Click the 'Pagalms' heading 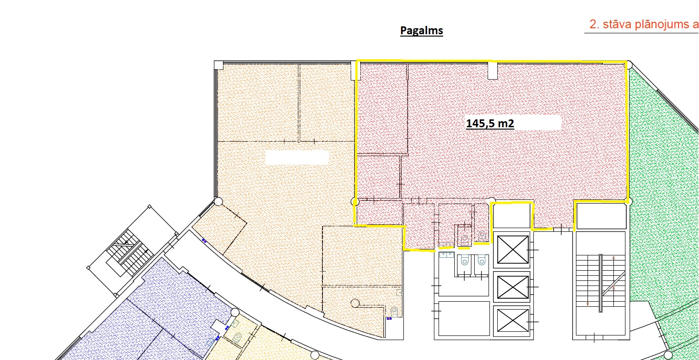click(421, 31)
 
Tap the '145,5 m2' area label click(490, 124)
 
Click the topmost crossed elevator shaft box click(513, 250)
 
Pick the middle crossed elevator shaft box click(513, 287)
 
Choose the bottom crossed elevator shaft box click(513, 320)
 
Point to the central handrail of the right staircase click(601, 283)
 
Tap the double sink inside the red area click(446, 244)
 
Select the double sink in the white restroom click(446, 255)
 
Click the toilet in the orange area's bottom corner click(394, 311)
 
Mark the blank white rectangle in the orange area click(297, 157)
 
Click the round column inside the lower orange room click(355, 303)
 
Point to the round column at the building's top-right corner click(629, 65)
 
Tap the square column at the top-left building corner click(218, 65)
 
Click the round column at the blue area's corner click(235, 312)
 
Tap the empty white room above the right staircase click(601, 216)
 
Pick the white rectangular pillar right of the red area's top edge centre click(492, 70)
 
